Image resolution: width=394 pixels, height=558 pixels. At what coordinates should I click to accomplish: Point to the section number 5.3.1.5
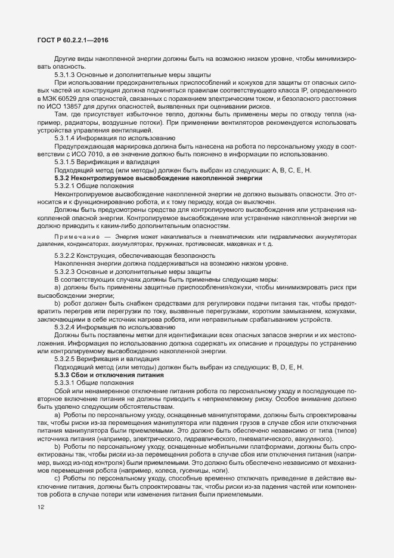click(x=65, y=162)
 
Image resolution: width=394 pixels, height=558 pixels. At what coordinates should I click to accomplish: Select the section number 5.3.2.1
click(x=65, y=186)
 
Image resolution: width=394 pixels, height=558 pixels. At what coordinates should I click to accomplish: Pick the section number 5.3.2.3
click(x=65, y=272)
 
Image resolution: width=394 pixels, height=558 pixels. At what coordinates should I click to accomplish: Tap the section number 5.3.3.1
click(x=65, y=383)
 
